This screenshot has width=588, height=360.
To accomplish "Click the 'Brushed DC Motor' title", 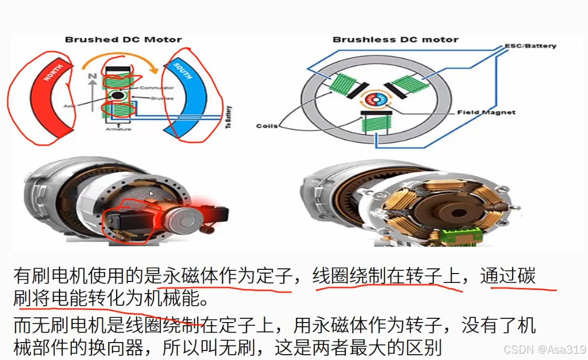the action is tap(123, 40).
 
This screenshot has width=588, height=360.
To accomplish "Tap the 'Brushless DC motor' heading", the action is tap(396, 40).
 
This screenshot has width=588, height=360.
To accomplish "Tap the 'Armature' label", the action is tap(117, 129).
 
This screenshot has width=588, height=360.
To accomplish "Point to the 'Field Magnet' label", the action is tap(487, 112).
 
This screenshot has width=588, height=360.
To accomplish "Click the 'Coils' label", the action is tap(267, 126).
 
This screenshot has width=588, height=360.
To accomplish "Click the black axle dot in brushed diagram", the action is tap(117, 96).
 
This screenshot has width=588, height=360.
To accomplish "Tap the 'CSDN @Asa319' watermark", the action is tap(545, 349).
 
